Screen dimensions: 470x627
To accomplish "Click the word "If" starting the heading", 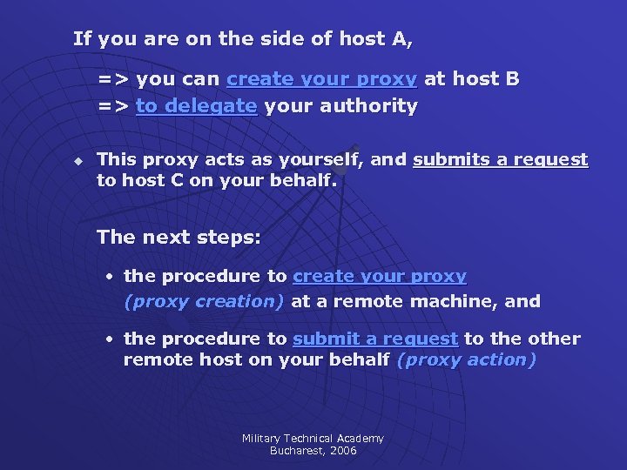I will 83,38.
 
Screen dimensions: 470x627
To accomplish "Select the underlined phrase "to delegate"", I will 197,106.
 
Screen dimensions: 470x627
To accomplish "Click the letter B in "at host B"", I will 512,79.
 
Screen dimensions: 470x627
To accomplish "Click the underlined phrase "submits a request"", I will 501,160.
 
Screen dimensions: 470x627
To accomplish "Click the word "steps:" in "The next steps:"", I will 231,237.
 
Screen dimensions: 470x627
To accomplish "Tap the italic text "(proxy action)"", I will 466,359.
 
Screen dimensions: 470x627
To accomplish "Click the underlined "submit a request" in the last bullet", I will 375,339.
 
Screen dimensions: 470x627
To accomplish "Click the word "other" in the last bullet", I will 554,339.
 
